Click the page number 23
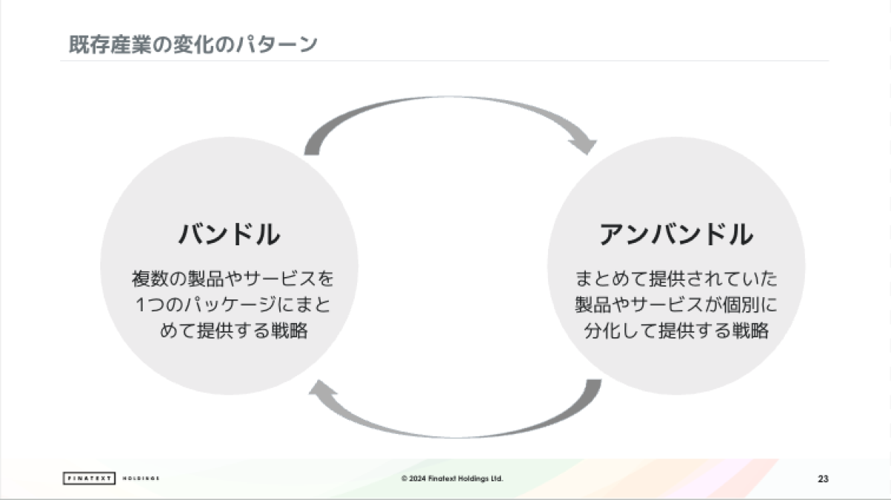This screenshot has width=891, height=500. pos(823,478)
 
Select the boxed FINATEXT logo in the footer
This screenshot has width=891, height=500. pos(88,478)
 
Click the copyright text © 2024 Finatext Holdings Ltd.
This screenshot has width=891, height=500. pos(452,478)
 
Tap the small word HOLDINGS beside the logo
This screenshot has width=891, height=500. pos(141,478)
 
